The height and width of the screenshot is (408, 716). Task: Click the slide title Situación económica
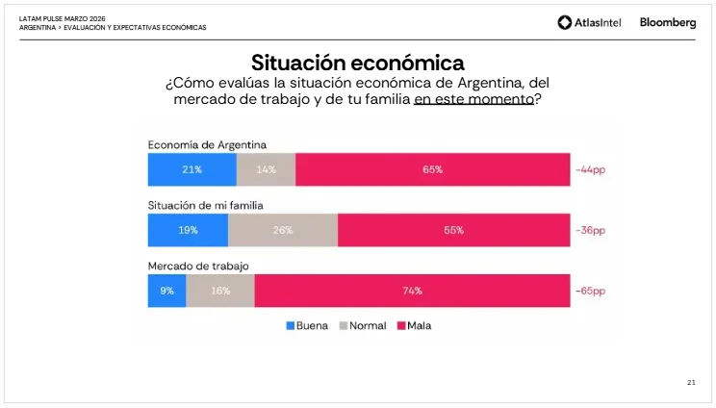coord(357,63)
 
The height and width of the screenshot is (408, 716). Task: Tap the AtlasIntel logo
coord(590,23)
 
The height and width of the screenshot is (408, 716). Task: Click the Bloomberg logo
coord(667,23)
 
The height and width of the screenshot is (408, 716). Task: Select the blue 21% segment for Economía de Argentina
coord(192,169)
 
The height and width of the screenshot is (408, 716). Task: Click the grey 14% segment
coord(266,169)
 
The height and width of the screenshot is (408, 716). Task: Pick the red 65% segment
coord(432,169)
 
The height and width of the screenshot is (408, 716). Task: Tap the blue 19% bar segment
coord(188,230)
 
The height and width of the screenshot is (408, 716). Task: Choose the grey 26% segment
coord(283,230)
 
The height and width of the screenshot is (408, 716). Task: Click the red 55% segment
coord(453,230)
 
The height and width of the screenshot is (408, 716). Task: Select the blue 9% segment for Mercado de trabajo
coord(166,290)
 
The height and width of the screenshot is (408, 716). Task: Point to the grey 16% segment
coord(220,290)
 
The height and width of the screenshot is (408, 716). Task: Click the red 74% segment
coord(412,290)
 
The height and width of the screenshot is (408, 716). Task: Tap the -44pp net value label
coord(591,170)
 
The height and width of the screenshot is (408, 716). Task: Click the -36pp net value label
coord(591,230)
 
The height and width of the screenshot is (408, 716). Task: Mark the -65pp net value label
coord(591,290)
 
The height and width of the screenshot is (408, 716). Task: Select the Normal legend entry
coord(362,325)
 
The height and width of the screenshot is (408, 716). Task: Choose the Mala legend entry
coord(414,325)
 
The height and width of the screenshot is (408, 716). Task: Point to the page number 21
coord(691,383)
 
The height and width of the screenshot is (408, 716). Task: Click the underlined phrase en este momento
coord(473,99)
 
